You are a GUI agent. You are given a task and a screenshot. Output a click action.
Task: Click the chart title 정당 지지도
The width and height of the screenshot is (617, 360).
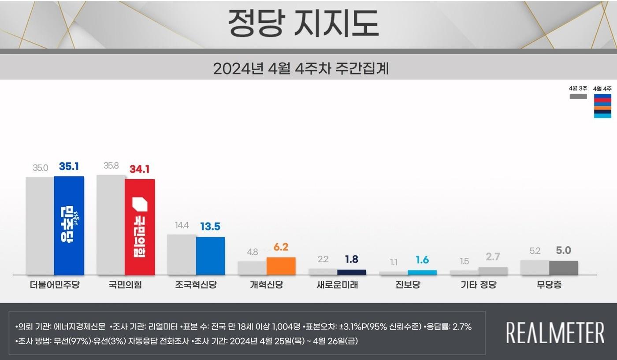click(303, 23)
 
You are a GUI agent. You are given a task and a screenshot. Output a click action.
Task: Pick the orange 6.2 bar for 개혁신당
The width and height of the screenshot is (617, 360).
click(281, 266)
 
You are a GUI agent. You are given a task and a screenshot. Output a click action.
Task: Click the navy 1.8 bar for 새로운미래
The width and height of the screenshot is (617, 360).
click(351, 272)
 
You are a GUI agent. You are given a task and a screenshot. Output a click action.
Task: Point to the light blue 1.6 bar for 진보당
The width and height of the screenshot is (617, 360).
click(422, 273)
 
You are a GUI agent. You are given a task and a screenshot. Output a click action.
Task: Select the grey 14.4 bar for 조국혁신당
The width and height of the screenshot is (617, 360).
click(182, 255)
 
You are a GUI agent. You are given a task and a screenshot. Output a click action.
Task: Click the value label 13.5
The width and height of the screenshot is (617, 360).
click(210, 226)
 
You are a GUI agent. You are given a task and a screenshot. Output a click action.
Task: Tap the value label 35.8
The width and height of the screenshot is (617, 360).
click(111, 166)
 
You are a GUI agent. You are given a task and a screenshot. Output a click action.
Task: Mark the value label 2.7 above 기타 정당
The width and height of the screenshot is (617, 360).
click(492, 256)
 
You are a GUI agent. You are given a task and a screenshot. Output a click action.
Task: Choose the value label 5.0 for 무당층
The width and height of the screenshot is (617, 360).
click(563, 250)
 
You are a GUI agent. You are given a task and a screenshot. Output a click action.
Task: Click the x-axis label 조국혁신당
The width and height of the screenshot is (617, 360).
click(196, 285)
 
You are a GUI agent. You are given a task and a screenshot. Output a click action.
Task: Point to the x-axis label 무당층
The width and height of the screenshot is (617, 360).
click(549, 285)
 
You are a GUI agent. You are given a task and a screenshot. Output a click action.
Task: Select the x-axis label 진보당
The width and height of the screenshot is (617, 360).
click(408, 285)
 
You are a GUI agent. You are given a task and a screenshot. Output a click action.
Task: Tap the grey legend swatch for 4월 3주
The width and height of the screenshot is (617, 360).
click(578, 96)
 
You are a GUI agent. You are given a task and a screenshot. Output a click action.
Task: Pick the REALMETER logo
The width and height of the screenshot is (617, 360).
click(555, 333)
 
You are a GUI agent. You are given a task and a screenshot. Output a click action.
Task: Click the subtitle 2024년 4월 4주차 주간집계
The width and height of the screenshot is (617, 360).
click(301, 69)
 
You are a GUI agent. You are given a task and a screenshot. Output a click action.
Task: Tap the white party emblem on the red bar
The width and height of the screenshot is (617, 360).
click(140, 204)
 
